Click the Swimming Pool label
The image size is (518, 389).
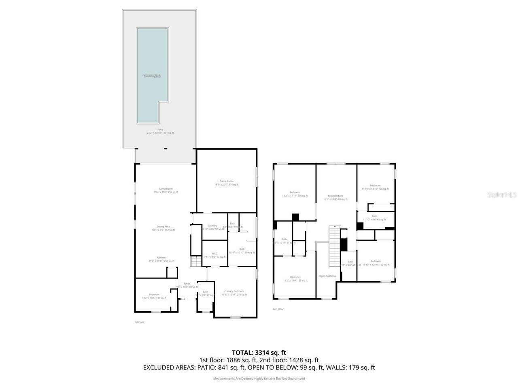(x=152, y=76)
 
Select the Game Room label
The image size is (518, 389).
(x=226, y=183)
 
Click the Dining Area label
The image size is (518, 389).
(x=163, y=228)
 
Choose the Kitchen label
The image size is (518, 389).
(x=161, y=259)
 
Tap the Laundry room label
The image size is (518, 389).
(x=212, y=227)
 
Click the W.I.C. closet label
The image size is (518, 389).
(x=214, y=255)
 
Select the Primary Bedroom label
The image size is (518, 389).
(x=234, y=293)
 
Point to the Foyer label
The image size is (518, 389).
(x=187, y=285)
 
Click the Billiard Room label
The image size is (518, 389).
(x=335, y=197)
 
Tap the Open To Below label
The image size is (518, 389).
(x=327, y=276)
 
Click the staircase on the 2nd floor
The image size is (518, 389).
(x=334, y=246)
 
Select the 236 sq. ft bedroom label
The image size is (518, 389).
(x=295, y=194)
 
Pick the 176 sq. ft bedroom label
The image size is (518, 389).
(x=375, y=187)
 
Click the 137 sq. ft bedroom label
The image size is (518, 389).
(x=154, y=296)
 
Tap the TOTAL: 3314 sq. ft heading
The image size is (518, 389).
(x=259, y=353)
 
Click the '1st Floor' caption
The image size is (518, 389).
(x=139, y=322)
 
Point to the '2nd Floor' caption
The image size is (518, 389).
(x=278, y=309)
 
